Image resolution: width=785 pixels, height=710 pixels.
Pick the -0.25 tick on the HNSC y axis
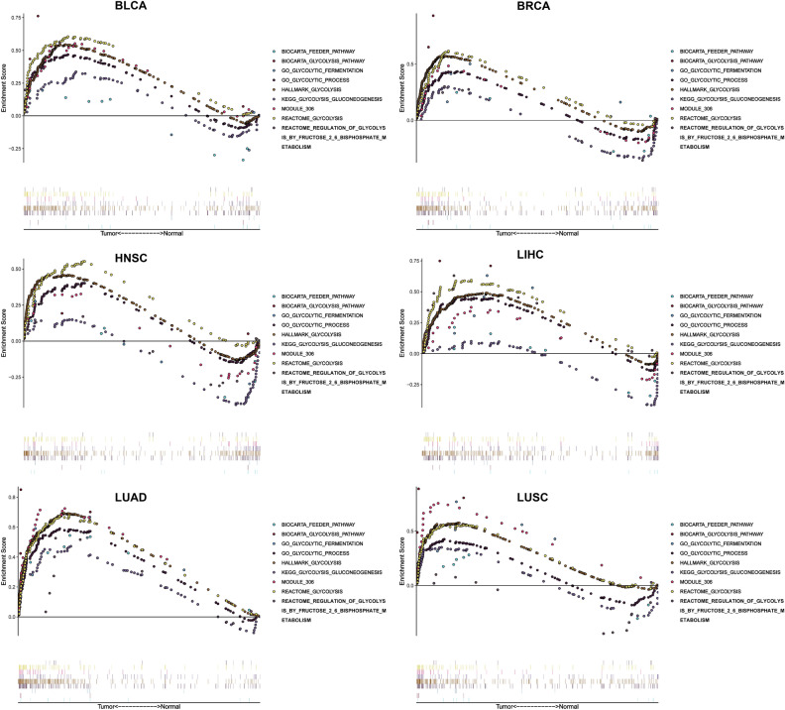pos(15,377)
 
